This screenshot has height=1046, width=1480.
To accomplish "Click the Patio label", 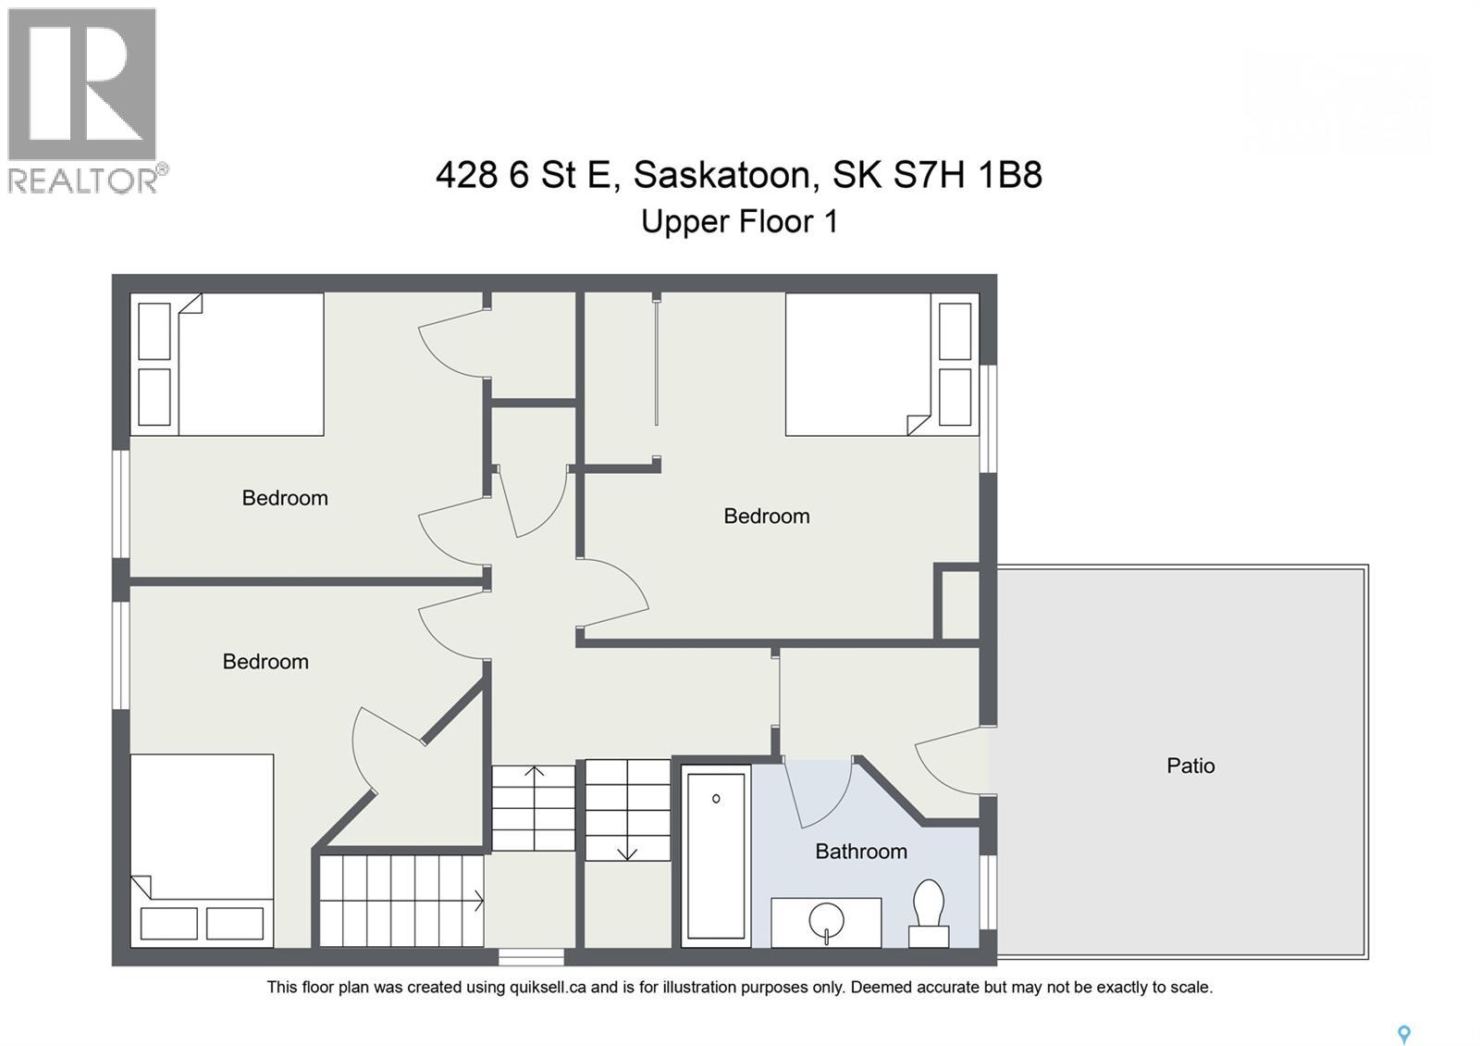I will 1190,766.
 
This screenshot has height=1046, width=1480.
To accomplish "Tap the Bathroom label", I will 860,851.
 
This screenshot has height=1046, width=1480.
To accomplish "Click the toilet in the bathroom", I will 929,911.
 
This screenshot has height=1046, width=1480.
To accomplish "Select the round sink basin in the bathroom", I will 826,921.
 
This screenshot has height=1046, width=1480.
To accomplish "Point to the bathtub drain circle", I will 716,798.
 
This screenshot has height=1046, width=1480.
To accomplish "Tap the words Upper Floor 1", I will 739,222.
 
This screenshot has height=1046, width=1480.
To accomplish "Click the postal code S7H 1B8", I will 968,174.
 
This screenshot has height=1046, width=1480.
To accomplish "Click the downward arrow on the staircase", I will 627,850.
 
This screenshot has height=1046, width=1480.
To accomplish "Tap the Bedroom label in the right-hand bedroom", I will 766,517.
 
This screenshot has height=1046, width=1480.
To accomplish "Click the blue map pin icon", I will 1403,1034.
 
